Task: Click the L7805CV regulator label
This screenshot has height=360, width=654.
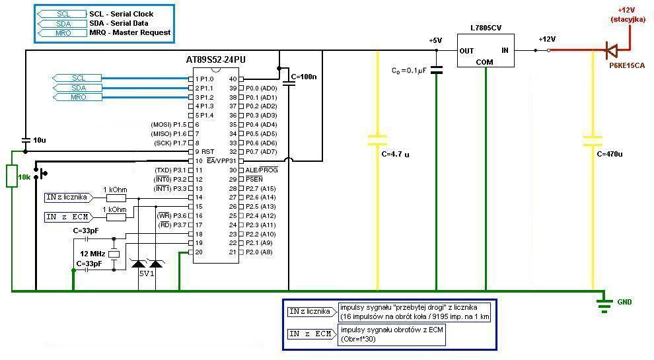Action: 486,28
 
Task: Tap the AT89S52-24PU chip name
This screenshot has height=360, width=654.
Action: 215,59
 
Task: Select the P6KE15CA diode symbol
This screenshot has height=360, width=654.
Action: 612,50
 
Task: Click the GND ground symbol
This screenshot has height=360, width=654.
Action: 604,305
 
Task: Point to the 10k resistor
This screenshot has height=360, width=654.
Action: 12,176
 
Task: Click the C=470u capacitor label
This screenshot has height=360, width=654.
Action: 609,154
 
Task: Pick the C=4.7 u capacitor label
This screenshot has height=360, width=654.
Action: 395,155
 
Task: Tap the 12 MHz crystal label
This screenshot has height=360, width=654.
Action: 92,254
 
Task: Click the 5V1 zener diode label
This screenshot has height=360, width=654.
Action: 147,273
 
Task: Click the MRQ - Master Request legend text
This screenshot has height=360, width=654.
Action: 129,32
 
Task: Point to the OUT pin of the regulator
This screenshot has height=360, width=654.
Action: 466,51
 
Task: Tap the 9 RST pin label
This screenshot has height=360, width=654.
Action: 204,152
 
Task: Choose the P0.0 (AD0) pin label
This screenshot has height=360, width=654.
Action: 261,88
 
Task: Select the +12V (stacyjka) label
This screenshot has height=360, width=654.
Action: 628,15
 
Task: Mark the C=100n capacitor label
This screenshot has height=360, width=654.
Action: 304,77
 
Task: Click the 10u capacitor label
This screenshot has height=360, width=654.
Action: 40,140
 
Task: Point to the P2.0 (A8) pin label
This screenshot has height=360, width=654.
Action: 259,252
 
